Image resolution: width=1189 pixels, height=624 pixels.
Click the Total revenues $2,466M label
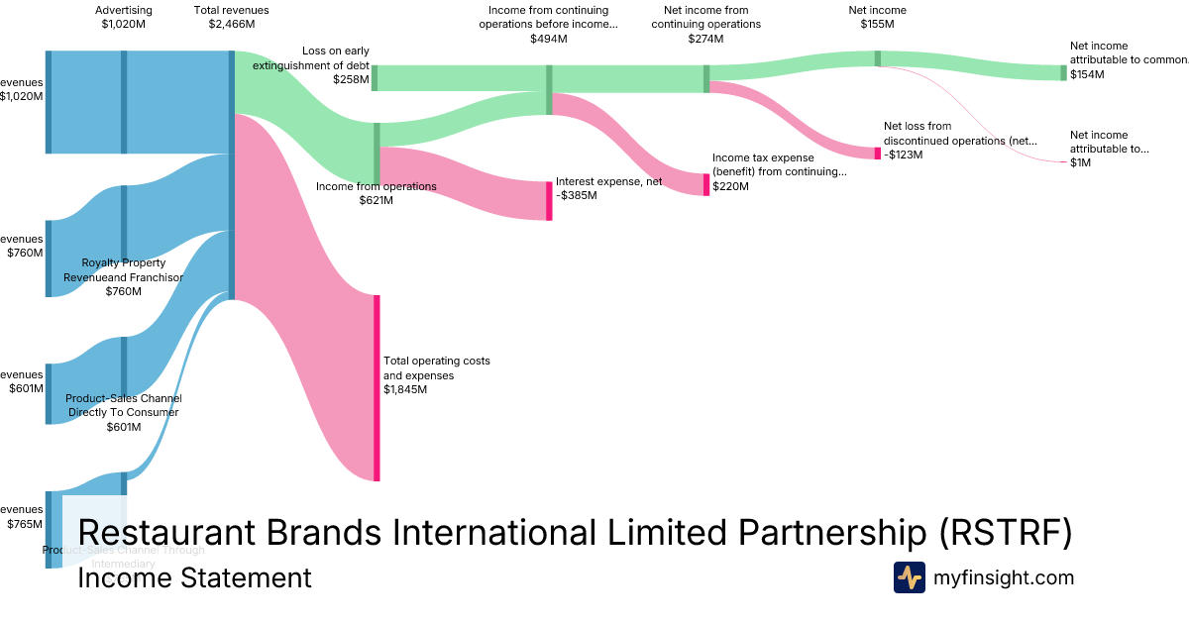point(231,17)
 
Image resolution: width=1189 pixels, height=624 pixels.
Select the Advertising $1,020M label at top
point(124,17)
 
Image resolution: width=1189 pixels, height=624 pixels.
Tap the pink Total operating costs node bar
point(377,387)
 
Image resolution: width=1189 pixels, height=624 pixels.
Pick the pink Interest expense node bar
point(549,200)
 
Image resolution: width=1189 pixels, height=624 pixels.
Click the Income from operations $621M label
point(376,193)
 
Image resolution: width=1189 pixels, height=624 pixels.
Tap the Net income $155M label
point(877,17)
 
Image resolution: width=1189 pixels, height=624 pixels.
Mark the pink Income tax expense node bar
point(706,185)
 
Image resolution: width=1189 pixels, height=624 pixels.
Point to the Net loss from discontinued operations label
point(960,134)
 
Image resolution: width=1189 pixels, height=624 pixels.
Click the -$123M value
point(903,155)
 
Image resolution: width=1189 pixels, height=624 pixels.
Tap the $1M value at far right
point(1080,162)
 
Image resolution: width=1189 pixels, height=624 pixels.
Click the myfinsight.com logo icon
point(909,577)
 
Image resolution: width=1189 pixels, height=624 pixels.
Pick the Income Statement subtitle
point(194,578)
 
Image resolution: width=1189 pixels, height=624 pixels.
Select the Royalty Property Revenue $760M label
point(124,277)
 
